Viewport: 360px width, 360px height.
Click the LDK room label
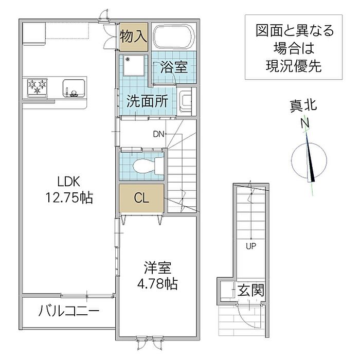(68, 182)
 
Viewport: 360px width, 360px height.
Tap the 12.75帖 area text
(69, 197)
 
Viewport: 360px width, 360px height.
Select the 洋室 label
(157, 268)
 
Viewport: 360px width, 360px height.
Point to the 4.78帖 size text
(157, 284)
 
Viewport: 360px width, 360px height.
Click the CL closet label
(141, 197)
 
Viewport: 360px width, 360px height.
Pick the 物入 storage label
(133, 37)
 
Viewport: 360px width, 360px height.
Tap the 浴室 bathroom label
(174, 67)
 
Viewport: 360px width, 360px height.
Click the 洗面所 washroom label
(147, 101)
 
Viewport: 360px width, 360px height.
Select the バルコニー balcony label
(69, 311)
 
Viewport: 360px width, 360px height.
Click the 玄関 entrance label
(251, 290)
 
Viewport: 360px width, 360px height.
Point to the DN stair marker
(158, 134)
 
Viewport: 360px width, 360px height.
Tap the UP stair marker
(251, 246)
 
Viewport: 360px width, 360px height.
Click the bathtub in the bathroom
(174, 36)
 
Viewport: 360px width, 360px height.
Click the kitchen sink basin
(74, 88)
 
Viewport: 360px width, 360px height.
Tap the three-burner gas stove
(37, 87)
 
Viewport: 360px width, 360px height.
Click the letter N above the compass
(305, 123)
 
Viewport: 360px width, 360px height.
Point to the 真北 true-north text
(303, 106)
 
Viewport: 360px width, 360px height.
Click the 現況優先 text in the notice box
(294, 66)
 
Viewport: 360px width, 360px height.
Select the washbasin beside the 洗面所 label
(186, 101)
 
